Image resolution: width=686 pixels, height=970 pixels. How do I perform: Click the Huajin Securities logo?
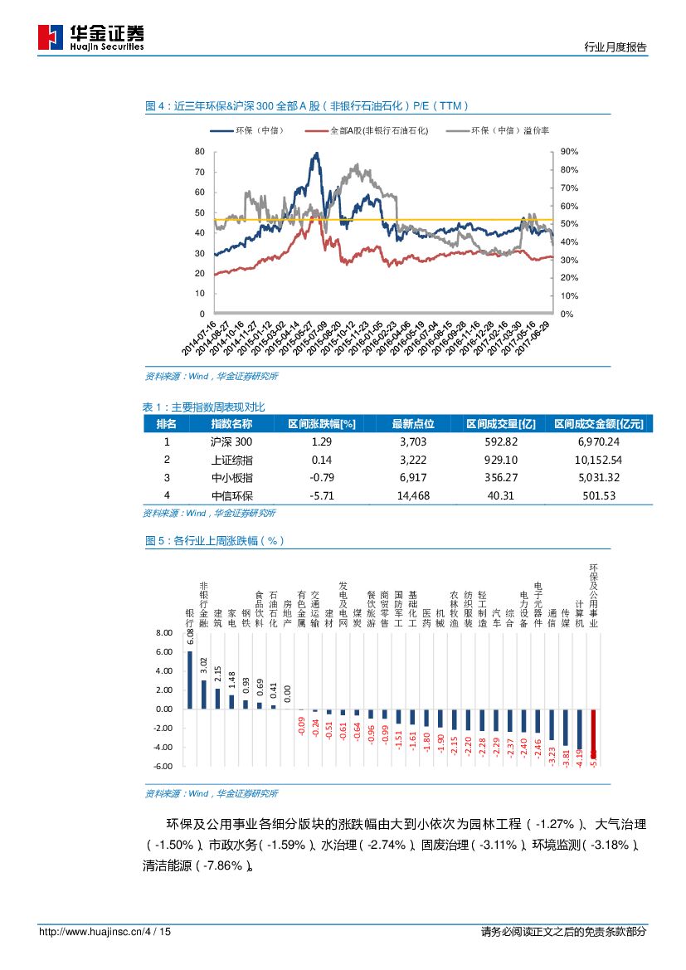(x=91, y=37)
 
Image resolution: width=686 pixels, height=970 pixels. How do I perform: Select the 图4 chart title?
(x=307, y=106)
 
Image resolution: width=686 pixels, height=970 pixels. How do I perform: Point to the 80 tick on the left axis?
(x=199, y=152)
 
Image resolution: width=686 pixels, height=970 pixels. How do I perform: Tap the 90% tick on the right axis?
(x=569, y=152)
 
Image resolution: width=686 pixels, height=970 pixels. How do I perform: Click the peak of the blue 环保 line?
(x=315, y=154)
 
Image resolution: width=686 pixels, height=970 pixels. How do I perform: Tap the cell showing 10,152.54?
(x=592, y=460)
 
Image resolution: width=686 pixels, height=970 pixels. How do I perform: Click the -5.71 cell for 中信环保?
(x=321, y=495)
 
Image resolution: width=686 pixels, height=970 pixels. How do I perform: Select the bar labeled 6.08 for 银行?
(x=190, y=680)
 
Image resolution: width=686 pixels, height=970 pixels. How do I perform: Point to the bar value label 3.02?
(x=204, y=664)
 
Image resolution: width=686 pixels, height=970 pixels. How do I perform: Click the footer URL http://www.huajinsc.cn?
(x=90, y=932)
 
